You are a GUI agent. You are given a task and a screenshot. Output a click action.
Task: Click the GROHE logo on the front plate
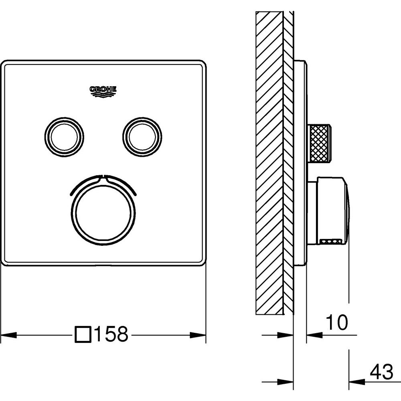pyautogui.click(x=103, y=91)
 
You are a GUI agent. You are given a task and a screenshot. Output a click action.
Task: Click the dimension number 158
pyautogui.click(x=111, y=334)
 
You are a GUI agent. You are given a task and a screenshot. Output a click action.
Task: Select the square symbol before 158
pyautogui.click(x=83, y=334)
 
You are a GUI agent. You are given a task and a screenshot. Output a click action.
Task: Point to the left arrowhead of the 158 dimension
pyautogui.click(x=9, y=334)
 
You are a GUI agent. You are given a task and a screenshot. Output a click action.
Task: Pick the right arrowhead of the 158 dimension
pyautogui.click(x=198, y=334)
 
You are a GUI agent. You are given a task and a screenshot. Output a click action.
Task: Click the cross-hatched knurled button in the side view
pyautogui.click(x=320, y=143)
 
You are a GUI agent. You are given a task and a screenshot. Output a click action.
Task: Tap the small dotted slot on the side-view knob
pyautogui.click(x=331, y=241)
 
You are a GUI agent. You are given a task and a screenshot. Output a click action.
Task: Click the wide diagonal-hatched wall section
pyautogui.click(x=270, y=163)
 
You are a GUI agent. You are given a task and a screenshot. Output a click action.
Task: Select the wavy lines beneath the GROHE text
pyautogui.click(x=103, y=95)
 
